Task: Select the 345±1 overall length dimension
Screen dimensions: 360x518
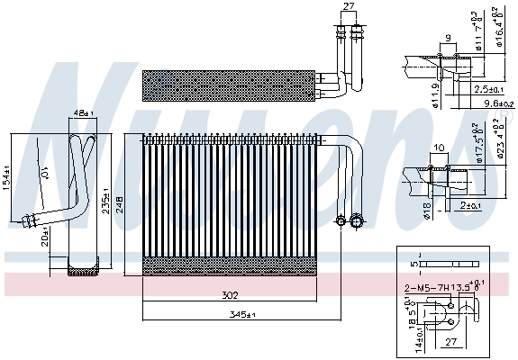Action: [x=235, y=314]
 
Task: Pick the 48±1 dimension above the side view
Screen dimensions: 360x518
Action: [x=83, y=113]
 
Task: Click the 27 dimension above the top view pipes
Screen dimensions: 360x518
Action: [x=349, y=6]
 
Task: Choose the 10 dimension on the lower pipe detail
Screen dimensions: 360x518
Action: [x=438, y=147]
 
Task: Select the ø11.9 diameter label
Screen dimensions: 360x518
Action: [x=408, y=91]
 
